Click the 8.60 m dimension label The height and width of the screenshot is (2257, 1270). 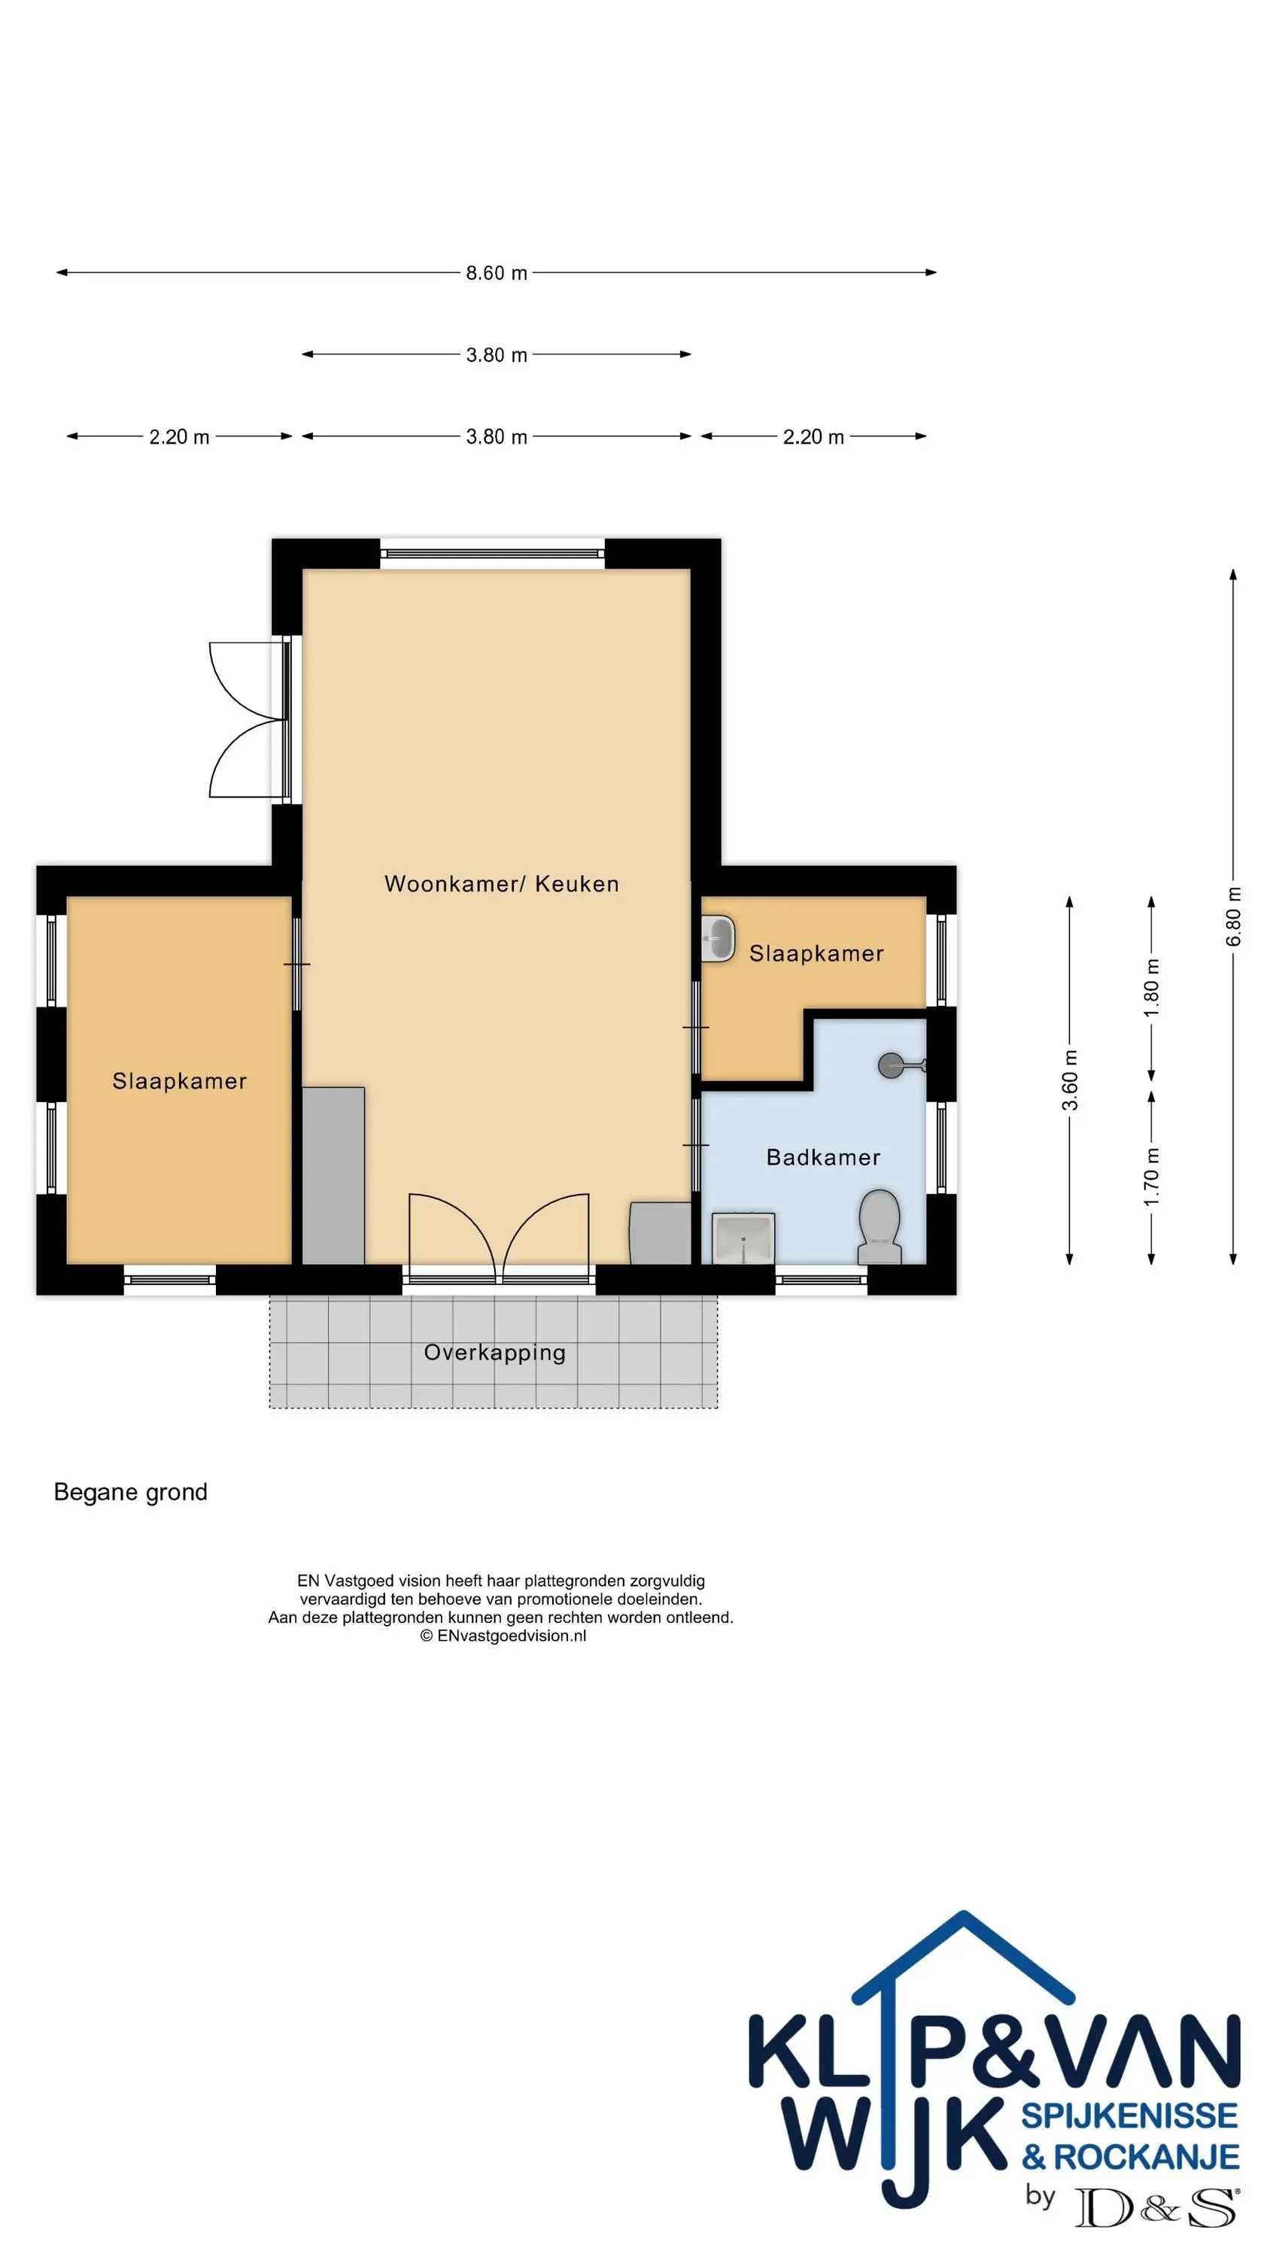(x=496, y=272)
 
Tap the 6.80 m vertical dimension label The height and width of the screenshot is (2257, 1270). (x=1233, y=916)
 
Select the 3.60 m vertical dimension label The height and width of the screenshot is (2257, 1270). (x=1069, y=1080)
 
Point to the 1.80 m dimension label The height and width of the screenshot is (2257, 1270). (x=1152, y=987)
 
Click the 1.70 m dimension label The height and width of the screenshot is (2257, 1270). (x=1152, y=1177)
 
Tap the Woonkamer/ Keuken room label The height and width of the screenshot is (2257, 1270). (x=501, y=883)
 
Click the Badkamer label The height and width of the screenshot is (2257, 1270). (x=823, y=1157)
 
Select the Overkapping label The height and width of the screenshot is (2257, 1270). (x=494, y=1352)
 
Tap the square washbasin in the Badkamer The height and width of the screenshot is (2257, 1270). (x=743, y=1238)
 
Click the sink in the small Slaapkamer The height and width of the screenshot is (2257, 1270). (x=718, y=938)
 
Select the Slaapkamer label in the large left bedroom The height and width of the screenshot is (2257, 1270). (x=180, y=1081)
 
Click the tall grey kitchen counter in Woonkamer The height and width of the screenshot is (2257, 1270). (x=333, y=1175)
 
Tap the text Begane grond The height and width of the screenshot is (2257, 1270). (x=131, y=1492)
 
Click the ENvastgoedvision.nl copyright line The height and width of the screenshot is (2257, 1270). (x=503, y=1635)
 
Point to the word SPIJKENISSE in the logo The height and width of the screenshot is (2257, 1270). (x=1129, y=2116)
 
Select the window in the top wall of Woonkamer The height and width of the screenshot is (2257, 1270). (x=493, y=554)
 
